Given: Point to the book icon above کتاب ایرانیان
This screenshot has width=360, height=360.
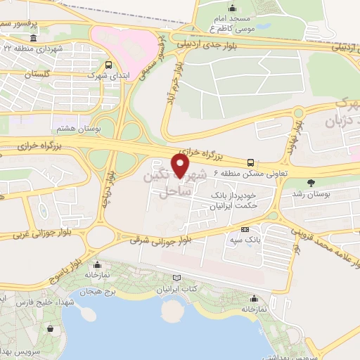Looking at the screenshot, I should [184, 278].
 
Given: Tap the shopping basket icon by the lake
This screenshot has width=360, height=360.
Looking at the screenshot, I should [50, 328].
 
